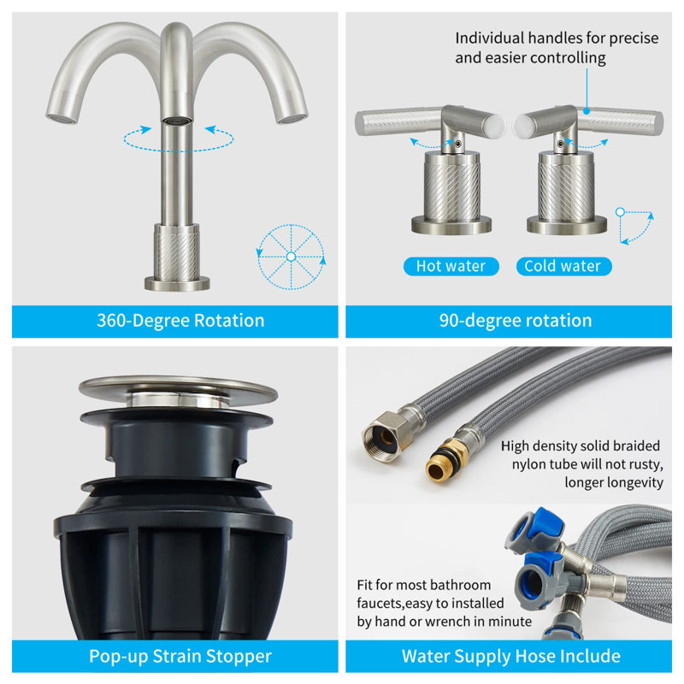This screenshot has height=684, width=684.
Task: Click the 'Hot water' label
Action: [x=451, y=266]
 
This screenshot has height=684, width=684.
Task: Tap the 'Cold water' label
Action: [x=563, y=266]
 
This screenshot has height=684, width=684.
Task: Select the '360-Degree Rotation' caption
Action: [x=180, y=321]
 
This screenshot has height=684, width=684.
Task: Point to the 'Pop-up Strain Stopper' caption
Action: [x=180, y=657]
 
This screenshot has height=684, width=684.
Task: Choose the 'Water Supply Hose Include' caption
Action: [x=511, y=657]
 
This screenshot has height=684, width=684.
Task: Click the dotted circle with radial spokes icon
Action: [x=291, y=256]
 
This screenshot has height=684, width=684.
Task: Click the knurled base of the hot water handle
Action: [x=451, y=187]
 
